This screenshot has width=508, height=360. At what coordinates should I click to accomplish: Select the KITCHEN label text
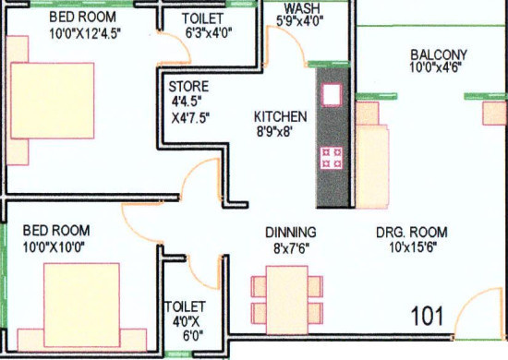(281, 117)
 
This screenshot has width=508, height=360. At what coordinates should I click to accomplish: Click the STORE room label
(188, 89)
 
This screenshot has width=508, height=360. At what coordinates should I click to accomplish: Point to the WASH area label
(303, 8)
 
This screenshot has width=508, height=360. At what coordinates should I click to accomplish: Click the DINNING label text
(291, 232)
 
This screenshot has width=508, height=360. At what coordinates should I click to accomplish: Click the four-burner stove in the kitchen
(331, 158)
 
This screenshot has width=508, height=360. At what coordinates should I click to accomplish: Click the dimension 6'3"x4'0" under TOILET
(207, 31)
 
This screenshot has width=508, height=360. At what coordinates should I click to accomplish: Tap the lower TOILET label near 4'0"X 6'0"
(185, 306)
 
